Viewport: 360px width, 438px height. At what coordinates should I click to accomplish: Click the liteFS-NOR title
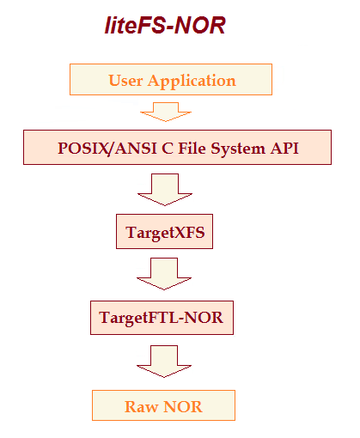164,26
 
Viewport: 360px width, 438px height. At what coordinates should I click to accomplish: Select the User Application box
170,81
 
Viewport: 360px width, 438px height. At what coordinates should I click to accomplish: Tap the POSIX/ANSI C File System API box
177,148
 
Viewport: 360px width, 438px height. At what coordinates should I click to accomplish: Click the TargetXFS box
164,232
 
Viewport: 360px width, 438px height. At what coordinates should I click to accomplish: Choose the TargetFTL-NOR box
162,318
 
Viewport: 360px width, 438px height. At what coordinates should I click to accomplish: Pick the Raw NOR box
163,405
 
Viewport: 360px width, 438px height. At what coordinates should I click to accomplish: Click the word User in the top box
126,81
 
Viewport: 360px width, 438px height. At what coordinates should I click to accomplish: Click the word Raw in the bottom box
140,406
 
